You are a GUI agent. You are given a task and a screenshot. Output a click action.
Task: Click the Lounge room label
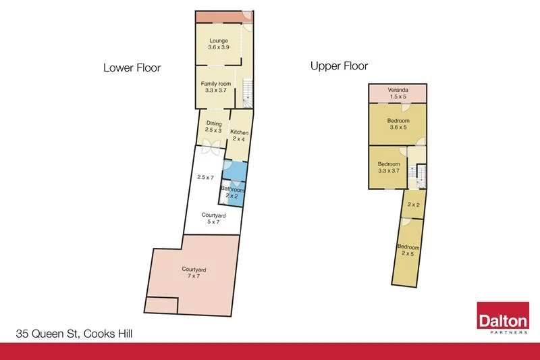[218, 45]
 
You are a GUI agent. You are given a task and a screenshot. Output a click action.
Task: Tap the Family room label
[216, 87]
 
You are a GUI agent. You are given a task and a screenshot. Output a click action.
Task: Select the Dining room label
[214, 126]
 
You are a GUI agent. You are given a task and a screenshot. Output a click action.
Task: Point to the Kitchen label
[239, 135]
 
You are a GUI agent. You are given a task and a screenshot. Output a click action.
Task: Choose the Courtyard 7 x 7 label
[194, 273]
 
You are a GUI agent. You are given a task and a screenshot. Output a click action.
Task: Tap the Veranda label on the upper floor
[398, 94]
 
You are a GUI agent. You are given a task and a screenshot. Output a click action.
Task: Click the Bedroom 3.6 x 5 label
[398, 124]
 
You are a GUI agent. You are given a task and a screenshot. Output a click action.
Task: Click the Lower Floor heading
[132, 68]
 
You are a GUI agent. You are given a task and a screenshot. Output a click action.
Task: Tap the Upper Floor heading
[339, 66]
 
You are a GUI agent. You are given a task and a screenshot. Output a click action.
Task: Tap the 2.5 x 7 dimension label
[205, 177]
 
